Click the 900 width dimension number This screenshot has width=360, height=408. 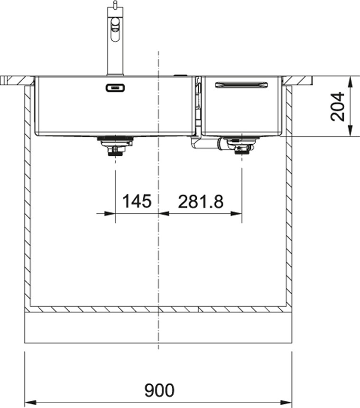point(159,390)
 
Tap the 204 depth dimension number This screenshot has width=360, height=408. point(337,106)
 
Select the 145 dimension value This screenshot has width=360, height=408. point(137,201)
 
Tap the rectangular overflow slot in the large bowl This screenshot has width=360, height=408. point(115,88)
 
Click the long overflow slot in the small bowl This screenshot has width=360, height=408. point(241,84)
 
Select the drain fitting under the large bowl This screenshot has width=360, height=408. point(115,146)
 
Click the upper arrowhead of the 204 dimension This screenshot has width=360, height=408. point(350,82)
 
